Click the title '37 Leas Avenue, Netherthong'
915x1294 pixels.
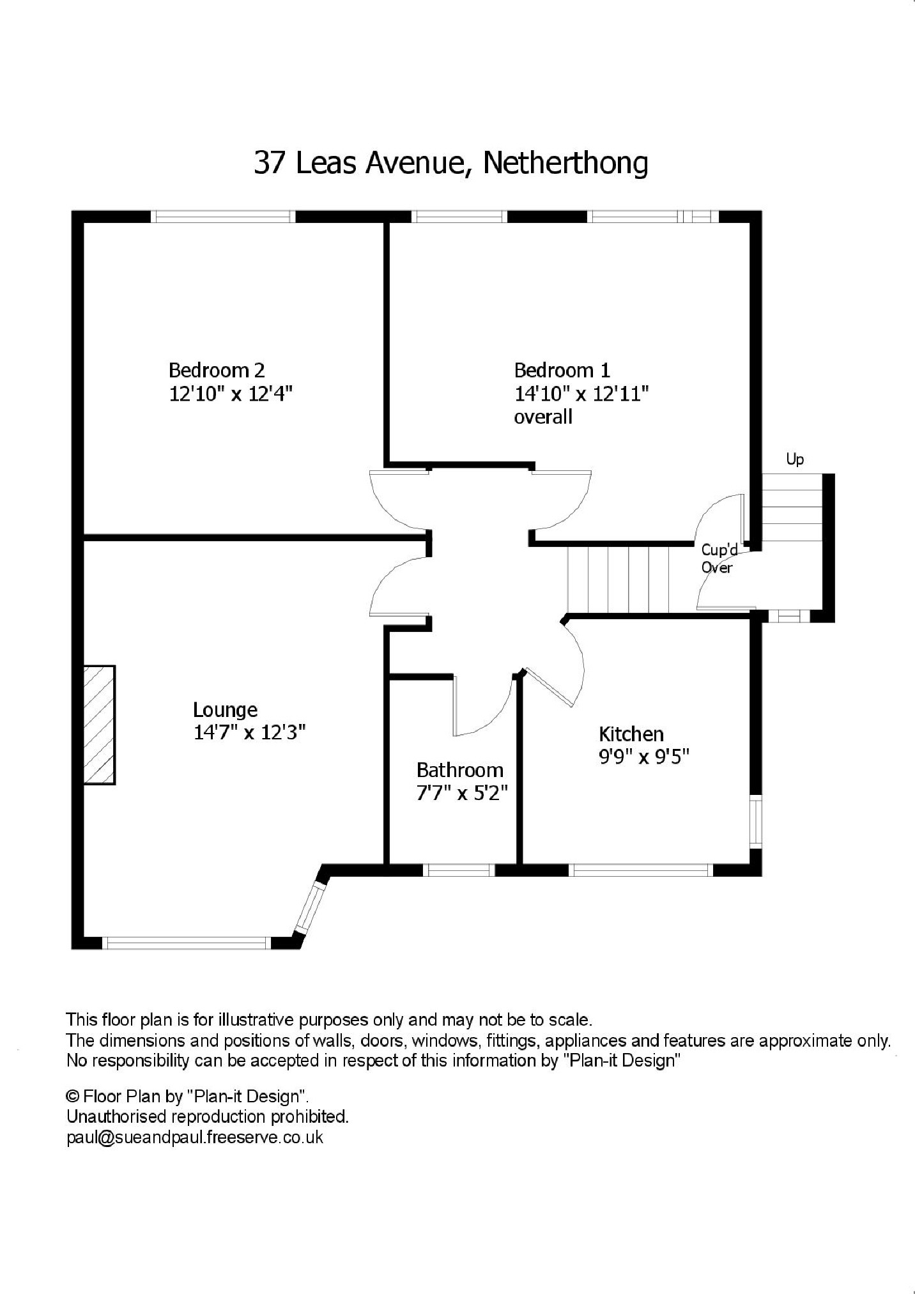coord(450,163)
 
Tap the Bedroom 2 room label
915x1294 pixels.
coord(217,370)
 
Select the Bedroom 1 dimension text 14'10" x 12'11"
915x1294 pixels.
coord(581,393)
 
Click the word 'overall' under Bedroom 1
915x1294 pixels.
coord(542,417)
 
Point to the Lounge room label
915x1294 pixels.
coord(225,709)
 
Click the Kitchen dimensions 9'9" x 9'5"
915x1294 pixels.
coord(644,757)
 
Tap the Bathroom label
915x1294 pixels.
coord(459,769)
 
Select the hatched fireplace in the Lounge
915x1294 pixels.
coord(99,725)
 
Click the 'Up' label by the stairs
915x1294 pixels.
coord(795,459)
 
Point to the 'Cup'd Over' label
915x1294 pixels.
coord(719,558)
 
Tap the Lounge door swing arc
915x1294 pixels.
coord(396,585)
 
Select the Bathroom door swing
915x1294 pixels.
coord(482,709)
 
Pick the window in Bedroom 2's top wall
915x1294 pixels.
coord(223,217)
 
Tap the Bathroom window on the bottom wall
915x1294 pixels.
coord(459,870)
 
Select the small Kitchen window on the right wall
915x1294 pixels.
coord(756,820)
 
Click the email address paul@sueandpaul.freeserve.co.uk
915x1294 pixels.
coord(195,1137)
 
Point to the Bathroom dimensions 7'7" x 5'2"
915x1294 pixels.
coord(461,793)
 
